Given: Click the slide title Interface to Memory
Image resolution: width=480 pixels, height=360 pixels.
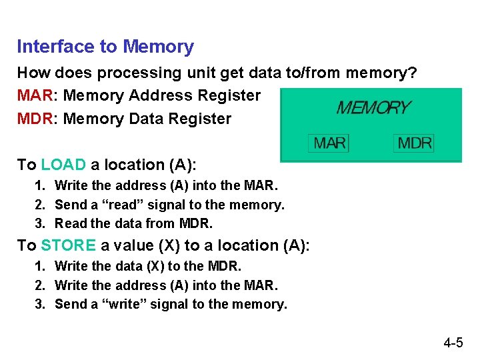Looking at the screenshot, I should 105,47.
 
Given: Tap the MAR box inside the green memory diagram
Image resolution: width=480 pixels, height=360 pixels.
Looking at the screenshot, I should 329,143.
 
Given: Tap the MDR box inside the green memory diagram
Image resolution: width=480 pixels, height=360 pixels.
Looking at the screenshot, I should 415,143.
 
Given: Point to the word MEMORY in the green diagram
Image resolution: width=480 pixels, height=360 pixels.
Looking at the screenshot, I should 373,107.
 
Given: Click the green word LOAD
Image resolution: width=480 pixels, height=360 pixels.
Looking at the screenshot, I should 63,165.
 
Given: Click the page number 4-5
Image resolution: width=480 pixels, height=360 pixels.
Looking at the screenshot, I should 453,343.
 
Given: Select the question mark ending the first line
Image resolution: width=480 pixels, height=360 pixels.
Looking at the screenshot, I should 413,72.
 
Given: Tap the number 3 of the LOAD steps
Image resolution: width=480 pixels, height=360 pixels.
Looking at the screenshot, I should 40,223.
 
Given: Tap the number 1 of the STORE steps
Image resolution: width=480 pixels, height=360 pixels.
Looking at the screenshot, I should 40,266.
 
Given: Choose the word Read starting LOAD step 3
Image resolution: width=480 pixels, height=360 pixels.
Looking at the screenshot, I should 69,223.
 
